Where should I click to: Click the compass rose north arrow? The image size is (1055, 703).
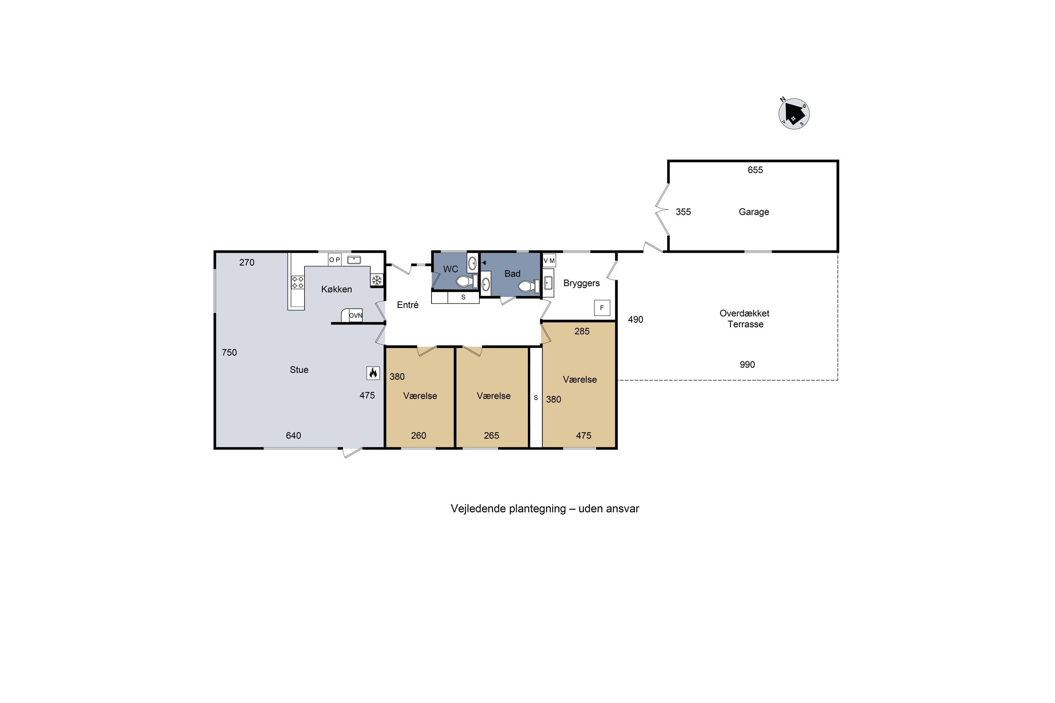tap(794, 114)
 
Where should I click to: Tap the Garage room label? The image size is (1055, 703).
tap(754, 212)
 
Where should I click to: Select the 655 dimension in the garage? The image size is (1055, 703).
tap(755, 170)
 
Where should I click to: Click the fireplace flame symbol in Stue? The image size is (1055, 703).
tap(373, 373)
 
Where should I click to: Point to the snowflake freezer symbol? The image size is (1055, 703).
tap(377, 280)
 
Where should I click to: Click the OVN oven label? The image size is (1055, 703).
tap(356, 316)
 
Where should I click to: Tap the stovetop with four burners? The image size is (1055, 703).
tap(298, 283)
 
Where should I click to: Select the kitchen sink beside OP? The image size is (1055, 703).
tap(354, 260)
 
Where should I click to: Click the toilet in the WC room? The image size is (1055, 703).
tap(467, 281)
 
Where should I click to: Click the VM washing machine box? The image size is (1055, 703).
tap(549, 260)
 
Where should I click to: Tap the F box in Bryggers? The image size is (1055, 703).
tap(602, 308)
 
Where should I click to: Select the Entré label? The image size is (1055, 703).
tap(408, 305)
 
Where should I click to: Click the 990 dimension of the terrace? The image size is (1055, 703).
tap(747, 365)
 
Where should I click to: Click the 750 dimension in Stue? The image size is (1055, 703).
tap(229, 353)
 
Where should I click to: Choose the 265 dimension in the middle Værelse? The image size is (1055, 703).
tap(492, 436)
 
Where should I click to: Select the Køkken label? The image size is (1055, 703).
tap(337, 289)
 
